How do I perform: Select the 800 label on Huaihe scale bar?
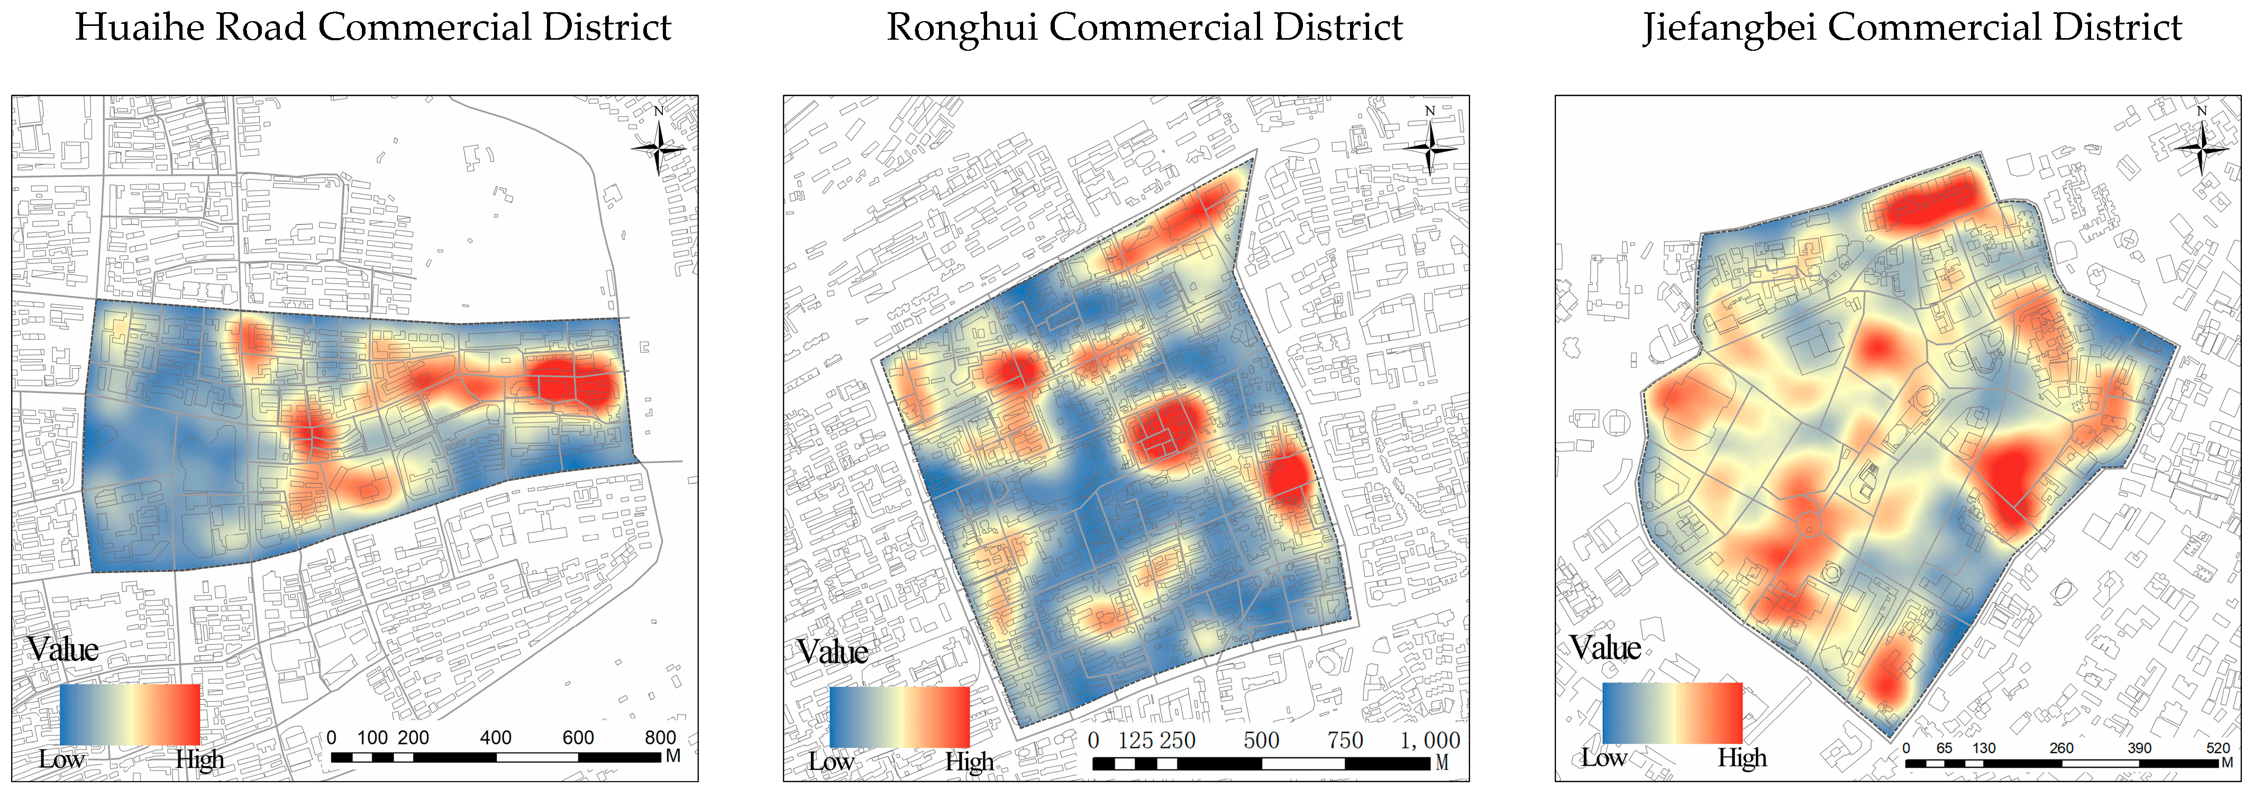(660, 738)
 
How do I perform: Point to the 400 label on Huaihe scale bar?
(496, 738)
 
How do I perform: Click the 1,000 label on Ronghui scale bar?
(1430, 741)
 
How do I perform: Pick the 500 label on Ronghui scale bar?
(1261, 741)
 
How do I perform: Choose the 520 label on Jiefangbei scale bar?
(2218, 748)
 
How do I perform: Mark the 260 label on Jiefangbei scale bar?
(2062, 748)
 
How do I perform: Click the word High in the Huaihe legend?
(199, 759)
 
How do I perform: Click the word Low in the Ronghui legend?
(831, 761)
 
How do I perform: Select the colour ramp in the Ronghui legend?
(899, 718)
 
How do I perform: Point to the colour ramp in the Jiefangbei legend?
(1672, 713)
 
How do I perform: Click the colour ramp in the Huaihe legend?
(130, 714)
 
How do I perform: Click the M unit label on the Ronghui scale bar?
(1442, 763)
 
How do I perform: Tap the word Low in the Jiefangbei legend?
(1603, 758)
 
